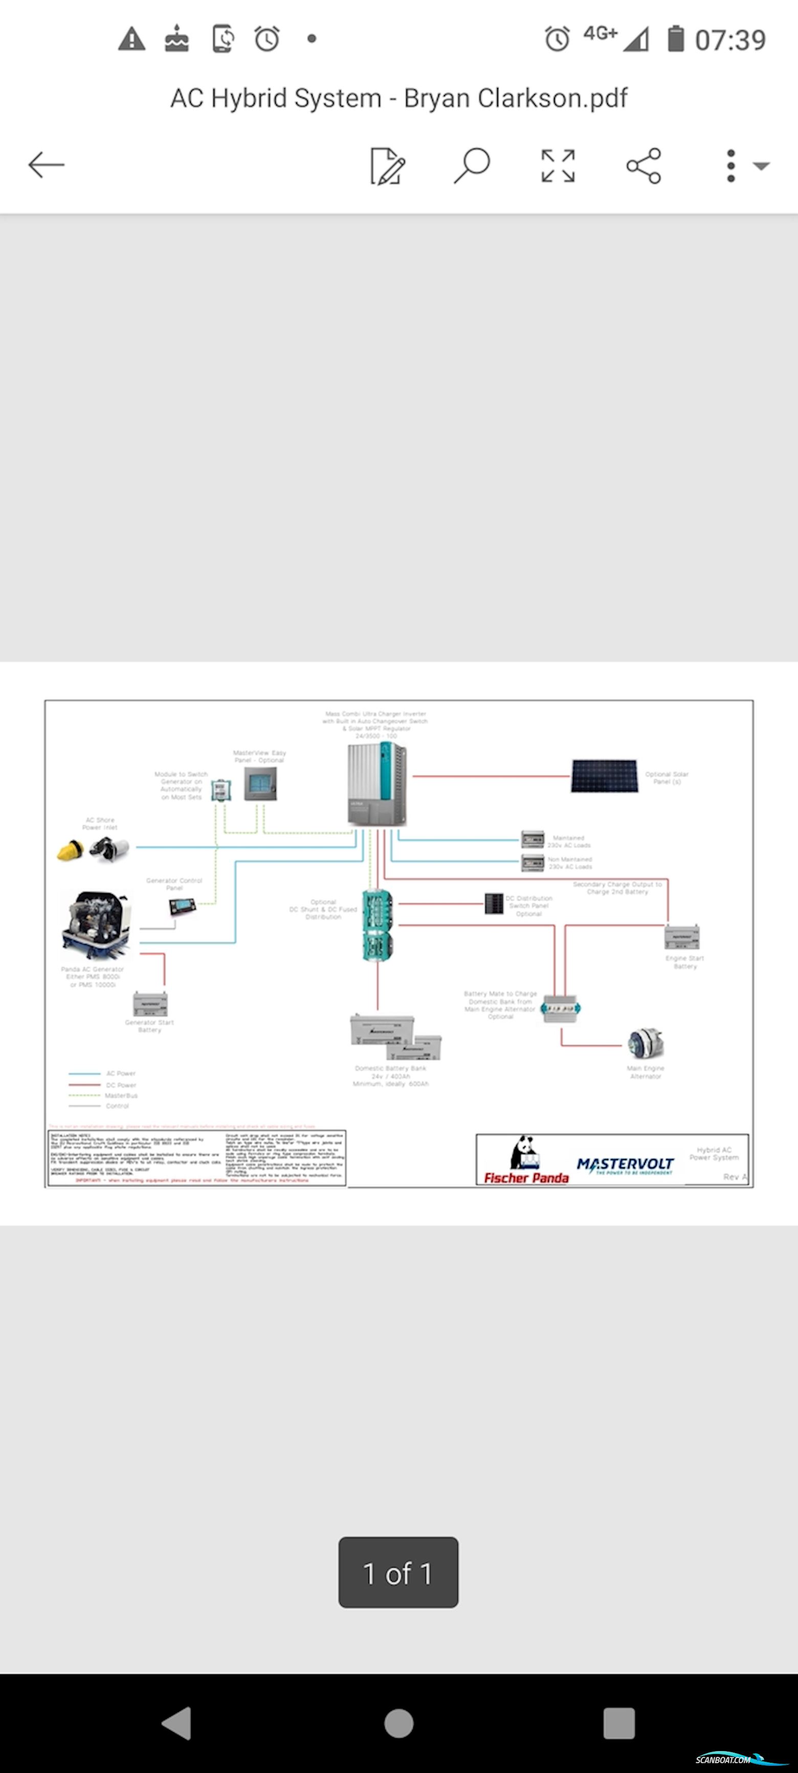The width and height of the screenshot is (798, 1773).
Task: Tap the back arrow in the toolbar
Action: (x=46, y=165)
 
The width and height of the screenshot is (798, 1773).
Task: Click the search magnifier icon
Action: (x=472, y=165)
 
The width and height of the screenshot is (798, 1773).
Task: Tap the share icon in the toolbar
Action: (x=644, y=166)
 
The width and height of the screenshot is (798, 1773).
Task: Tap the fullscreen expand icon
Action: (x=558, y=166)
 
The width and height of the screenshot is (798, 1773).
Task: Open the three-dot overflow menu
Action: (x=731, y=166)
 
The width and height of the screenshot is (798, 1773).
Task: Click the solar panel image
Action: (x=604, y=776)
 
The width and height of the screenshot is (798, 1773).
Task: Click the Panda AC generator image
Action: (x=96, y=925)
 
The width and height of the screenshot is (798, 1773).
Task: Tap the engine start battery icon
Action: (x=682, y=937)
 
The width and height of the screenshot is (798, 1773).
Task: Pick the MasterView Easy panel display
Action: (x=261, y=783)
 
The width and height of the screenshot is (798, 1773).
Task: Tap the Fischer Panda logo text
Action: (x=526, y=1178)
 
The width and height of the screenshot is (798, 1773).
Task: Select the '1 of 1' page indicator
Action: (x=398, y=1573)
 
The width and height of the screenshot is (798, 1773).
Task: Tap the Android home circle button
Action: (x=398, y=1723)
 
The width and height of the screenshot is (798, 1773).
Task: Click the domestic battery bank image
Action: (x=394, y=1037)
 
